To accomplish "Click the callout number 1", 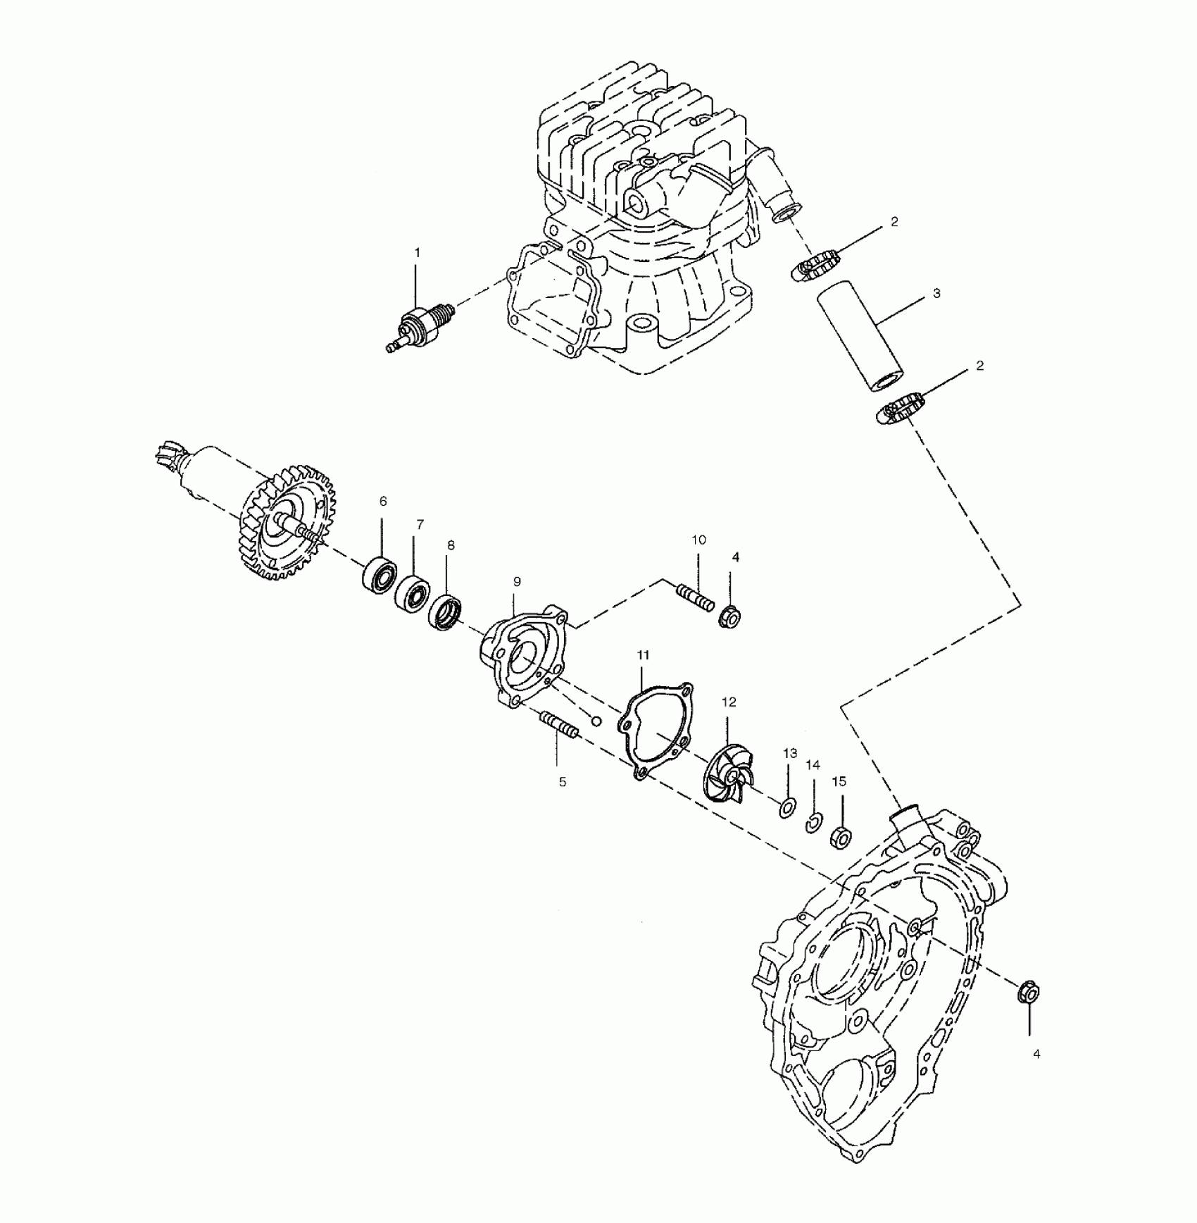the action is (x=416, y=252).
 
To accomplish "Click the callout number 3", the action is (x=936, y=293).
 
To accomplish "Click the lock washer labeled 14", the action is (x=814, y=821).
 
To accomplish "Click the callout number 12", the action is (x=729, y=702).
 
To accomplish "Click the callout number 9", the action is (x=517, y=581).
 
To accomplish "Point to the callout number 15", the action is (x=839, y=781).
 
